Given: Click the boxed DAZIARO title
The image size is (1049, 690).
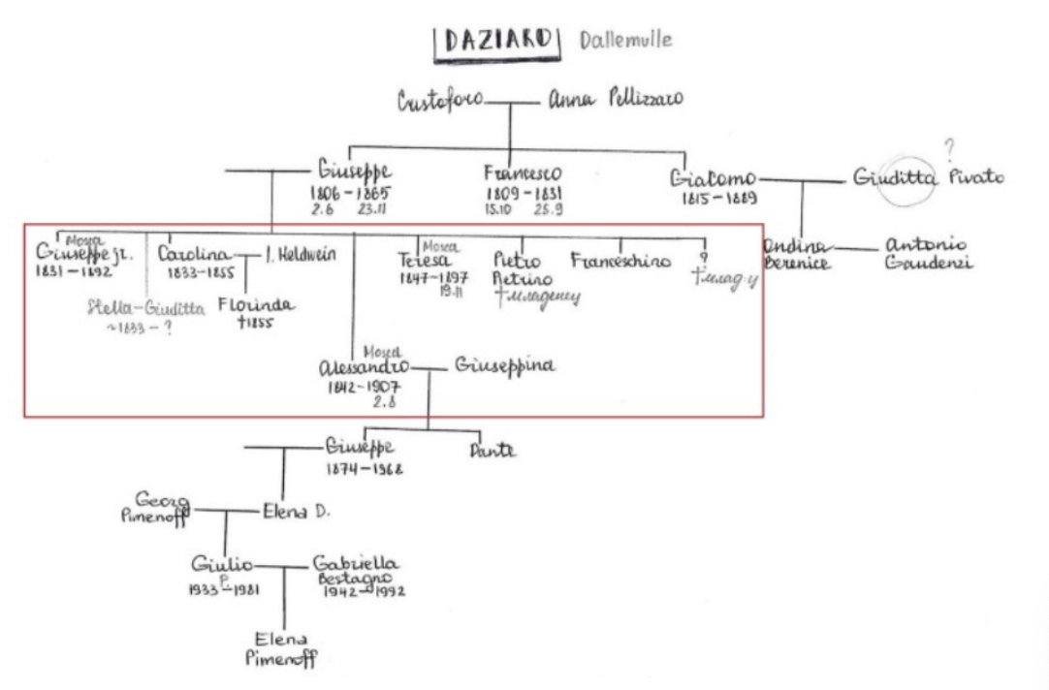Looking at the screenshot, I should click(x=497, y=44).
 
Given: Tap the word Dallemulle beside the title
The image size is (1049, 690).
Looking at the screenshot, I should click(x=624, y=41).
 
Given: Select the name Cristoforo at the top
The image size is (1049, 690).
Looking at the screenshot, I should click(x=441, y=100).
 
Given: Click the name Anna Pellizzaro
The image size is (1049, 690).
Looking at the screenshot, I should click(x=616, y=100).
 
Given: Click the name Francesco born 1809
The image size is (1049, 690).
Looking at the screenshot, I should click(x=523, y=173).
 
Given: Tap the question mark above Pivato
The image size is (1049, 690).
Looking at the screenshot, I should click(x=949, y=148).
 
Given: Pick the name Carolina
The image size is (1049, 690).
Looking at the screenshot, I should click(x=193, y=255).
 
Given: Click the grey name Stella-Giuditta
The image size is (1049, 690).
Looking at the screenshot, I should click(x=145, y=309).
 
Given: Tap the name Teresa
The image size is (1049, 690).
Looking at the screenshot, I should click(x=426, y=261).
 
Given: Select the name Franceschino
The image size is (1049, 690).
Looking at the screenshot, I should click(x=620, y=260).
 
